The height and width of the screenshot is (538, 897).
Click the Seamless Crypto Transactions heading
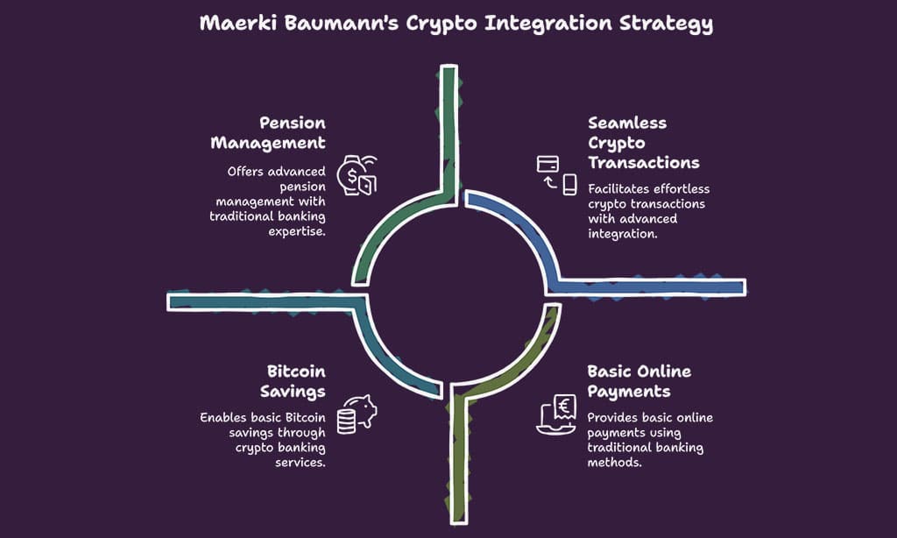pos(643,143)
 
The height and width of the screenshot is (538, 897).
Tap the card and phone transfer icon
pos(557,173)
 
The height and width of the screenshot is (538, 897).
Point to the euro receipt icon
pos(557,414)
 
